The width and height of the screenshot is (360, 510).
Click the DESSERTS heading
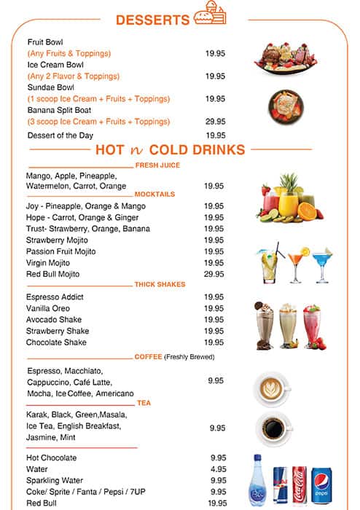152,20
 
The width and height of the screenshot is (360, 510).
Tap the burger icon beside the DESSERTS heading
210,16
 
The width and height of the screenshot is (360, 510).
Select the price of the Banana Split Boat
215,122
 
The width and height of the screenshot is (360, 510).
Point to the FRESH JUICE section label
157,165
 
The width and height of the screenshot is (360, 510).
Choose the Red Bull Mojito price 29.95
214,274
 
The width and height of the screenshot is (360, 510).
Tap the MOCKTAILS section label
154,195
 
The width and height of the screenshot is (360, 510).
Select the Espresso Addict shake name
55,297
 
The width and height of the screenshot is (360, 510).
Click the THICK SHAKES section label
160,285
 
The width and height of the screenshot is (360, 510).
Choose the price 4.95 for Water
218,469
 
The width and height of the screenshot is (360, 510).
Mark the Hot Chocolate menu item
52,458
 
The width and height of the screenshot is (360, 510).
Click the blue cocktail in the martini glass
322,263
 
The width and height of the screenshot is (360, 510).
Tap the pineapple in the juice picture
289,185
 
